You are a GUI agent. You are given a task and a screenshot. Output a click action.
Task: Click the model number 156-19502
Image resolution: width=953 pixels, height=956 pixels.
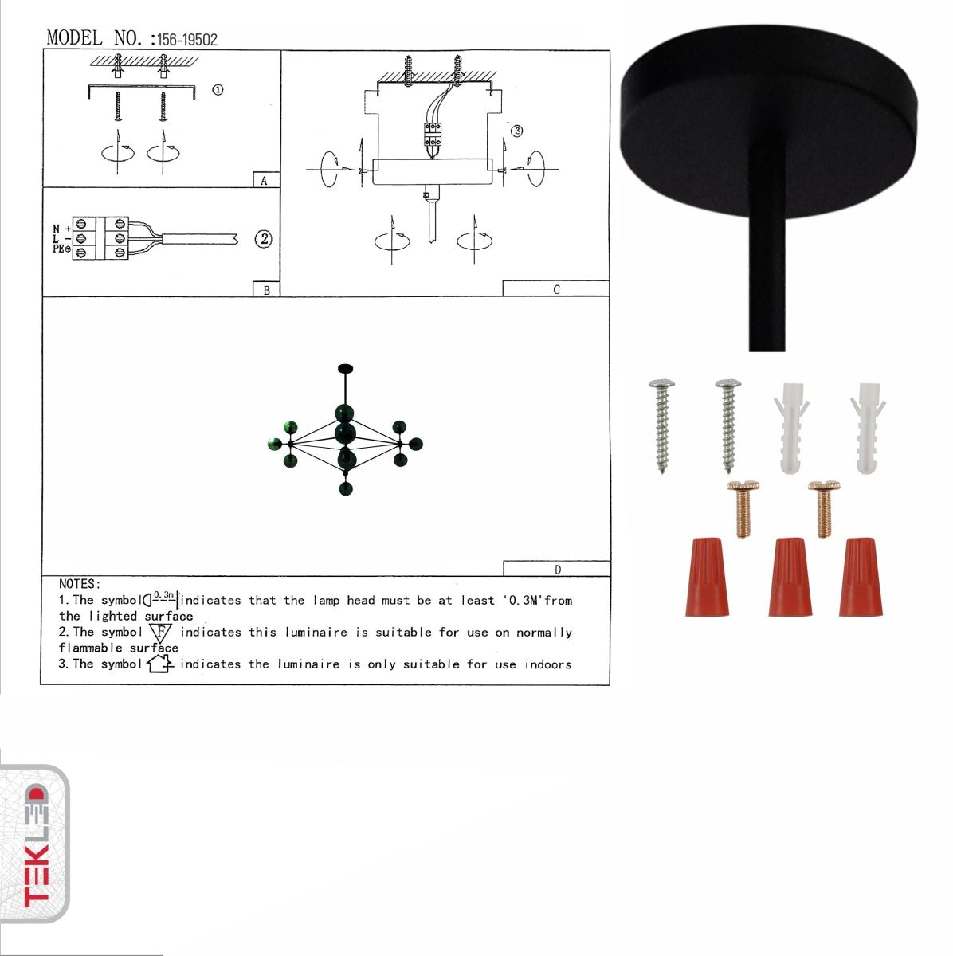186,40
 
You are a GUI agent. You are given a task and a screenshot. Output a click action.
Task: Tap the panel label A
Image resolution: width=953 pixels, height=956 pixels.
265,181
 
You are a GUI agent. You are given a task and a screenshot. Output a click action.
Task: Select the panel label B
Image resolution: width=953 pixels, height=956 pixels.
266,291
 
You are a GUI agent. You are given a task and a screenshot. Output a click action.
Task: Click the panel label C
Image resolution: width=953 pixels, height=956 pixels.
556,290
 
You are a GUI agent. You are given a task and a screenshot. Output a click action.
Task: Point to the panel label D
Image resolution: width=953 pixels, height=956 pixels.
557,570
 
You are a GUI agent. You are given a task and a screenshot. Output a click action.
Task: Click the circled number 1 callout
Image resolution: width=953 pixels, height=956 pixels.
218,90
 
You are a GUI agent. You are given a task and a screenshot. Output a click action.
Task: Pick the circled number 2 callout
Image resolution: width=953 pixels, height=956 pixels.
264,238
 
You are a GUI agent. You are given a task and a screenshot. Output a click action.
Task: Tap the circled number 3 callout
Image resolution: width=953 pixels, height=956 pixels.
516,131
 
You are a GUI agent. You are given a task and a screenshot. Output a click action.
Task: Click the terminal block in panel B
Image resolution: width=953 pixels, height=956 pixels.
100,238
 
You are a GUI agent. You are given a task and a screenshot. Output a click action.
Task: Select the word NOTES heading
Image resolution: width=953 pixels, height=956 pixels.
80,584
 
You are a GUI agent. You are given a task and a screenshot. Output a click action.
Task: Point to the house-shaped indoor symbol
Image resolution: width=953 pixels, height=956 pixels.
160,663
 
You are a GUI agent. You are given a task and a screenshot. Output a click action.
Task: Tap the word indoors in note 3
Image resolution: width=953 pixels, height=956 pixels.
547,664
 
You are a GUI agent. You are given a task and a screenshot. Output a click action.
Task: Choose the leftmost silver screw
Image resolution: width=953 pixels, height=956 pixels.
661,425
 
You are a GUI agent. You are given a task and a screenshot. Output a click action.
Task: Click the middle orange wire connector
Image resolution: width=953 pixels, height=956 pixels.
790,577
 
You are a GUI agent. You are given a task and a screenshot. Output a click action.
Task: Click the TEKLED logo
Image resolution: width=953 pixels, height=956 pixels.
36,844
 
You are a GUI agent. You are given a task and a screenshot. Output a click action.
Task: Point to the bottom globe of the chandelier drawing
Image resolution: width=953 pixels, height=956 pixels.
346,488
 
